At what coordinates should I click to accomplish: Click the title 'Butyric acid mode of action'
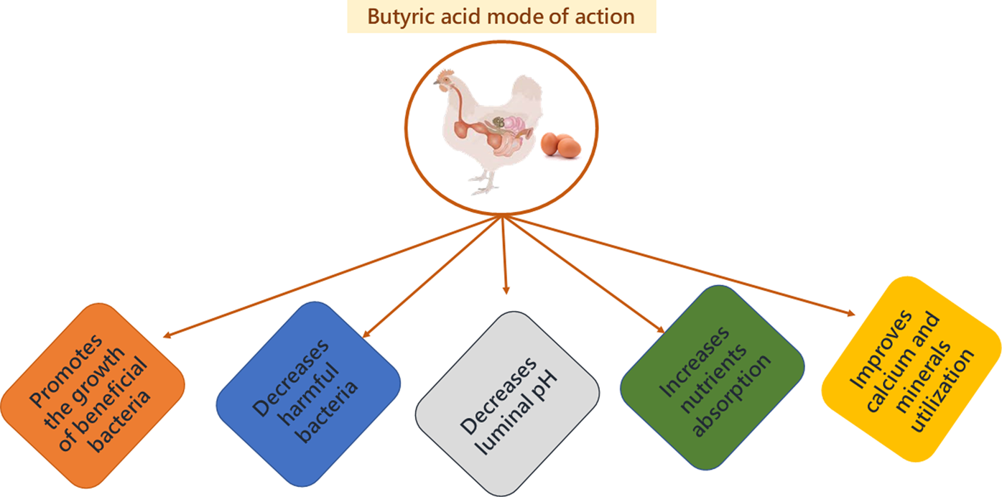pos(501,16)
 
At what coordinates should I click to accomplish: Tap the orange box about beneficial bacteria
pos(93,394)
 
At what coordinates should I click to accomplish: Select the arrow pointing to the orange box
pos(330,276)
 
